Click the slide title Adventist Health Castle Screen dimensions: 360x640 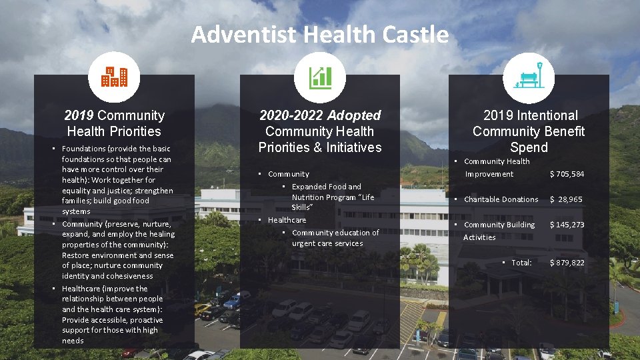pos(320,34)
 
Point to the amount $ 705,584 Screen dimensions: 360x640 pos(567,174)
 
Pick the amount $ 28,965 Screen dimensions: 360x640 pos(567,199)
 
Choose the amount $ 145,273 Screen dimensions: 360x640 pos(567,225)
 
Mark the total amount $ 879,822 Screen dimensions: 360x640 pos(567,263)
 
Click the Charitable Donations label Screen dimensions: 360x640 pos(501,199)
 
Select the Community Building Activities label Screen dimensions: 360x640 pos(499,231)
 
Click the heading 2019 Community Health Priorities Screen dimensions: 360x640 pos(114,123)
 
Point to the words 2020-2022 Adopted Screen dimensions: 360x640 pos(320,115)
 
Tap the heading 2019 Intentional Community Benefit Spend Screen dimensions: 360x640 pos(529,131)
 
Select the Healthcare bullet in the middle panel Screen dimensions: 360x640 pos(287,220)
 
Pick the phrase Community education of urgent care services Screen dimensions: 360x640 pos(335,238)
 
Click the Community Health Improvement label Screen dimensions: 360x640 pos(497,167)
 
